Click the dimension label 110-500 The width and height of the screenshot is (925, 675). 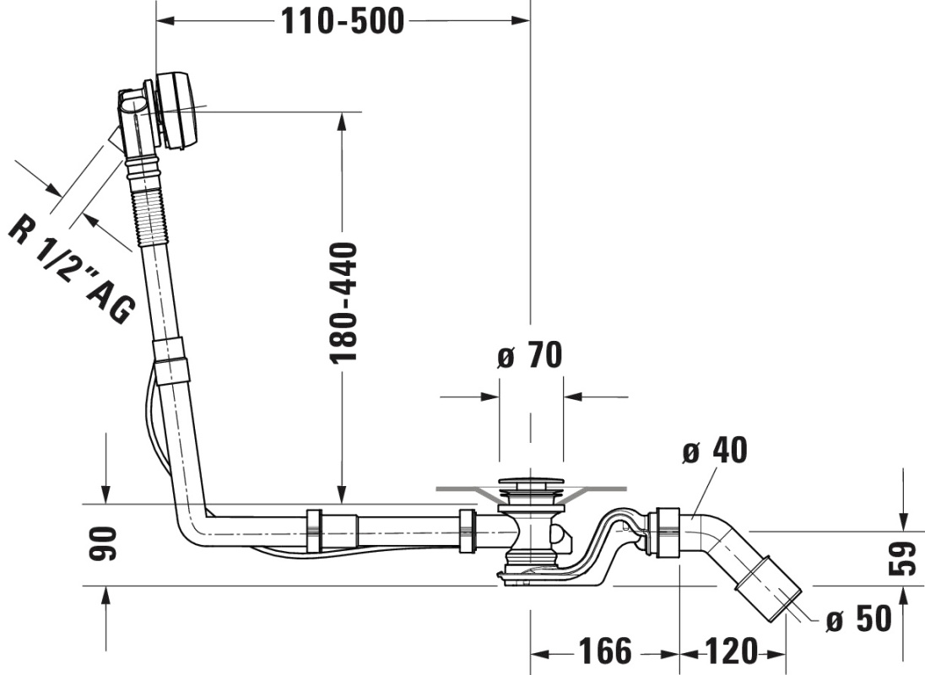click(342, 22)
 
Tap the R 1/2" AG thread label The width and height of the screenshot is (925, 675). click(72, 269)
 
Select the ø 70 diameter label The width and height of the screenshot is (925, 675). click(529, 355)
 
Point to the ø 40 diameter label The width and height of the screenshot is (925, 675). click(714, 451)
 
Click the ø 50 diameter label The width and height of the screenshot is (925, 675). click(858, 619)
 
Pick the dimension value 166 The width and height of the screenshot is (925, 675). click(604, 651)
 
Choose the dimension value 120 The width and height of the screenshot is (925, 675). click(732, 651)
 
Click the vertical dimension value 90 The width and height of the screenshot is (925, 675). click(102, 544)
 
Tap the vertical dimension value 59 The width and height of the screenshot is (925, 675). click(902, 559)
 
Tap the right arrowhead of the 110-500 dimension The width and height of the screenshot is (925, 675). click(520, 21)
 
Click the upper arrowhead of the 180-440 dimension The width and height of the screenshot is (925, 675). click(342, 121)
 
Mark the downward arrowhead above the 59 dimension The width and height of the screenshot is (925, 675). click(902, 520)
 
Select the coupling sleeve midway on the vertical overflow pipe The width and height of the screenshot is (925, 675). click(171, 361)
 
